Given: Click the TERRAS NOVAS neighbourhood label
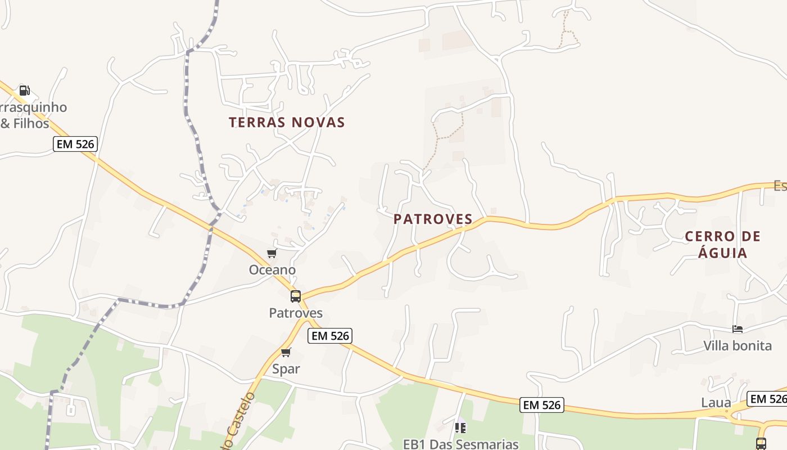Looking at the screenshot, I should pyautogui.click(x=287, y=122).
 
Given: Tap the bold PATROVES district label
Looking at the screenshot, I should pyautogui.click(x=433, y=219).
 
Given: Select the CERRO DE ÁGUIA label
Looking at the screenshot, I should pyautogui.click(x=722, y=244).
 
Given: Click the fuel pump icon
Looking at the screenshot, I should pyautogui.click(x=24, y=90).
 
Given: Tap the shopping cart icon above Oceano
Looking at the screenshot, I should pyautogui.click(x=272, y=254).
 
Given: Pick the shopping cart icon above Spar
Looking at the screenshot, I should pyautogui.click(x=286, y=353).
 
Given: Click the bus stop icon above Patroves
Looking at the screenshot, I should pyautogui.click(x=296, y=296).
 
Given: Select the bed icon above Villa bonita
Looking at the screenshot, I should pyautogui.click(x=738, y=328).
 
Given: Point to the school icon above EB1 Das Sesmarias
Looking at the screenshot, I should pyautogui.click(x=460, y=428).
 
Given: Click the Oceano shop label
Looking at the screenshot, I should pyautogui.click(x=272, y=270).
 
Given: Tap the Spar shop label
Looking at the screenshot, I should pyautogui.click(x=286, y=369).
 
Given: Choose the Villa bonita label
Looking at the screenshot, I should pyautogui.click(x=738, y=345).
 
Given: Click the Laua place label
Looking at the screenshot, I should pyautogui.click(x=716, y=403).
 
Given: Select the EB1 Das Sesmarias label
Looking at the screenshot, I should pyautogui.click(x=461, y=444).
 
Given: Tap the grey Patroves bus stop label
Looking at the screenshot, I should pyautogui.click(x=296, y=313).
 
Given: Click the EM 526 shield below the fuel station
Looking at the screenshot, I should pyautogui.click(x=76, y=144).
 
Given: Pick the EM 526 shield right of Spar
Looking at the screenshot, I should pyautogui.click(x=330, y=336).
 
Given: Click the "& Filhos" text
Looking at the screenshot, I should pyautogui.click(x=25, y=123).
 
